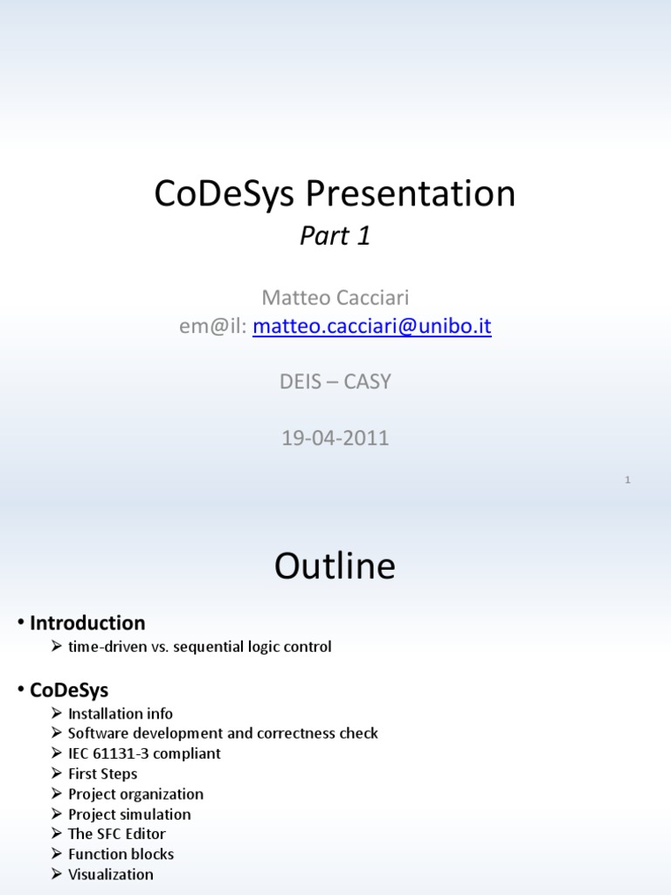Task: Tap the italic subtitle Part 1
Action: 335,236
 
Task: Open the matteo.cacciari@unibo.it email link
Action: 372,327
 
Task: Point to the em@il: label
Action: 213,327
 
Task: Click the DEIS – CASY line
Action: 335,382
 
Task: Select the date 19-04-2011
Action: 335,438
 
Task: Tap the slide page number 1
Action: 627,480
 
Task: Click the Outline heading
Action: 335,566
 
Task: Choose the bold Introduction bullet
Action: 87,623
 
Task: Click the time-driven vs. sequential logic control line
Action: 199,648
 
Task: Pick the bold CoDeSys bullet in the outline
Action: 69,690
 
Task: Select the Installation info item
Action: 121,714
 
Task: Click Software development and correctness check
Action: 223,733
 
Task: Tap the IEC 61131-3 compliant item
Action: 144,753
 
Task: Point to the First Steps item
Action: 102,774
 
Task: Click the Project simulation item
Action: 129,814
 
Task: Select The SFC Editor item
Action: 116,834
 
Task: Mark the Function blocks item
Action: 121,854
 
